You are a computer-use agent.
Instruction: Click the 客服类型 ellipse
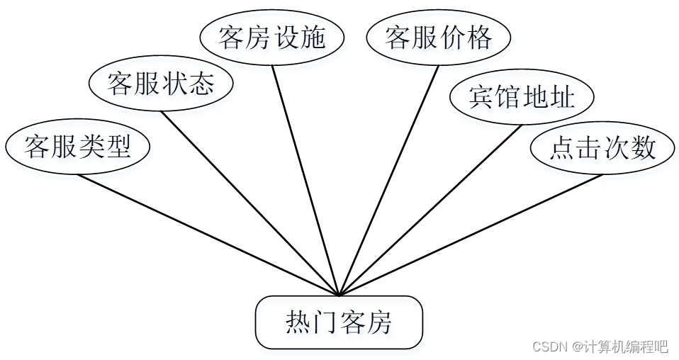(x=77, y=147)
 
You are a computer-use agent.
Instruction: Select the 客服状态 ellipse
(x=161, y=84)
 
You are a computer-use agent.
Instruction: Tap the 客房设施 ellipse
(x=272, y=38)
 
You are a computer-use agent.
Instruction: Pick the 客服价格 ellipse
(x=439, y=38)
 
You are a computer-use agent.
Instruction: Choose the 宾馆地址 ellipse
(x=522, y=98)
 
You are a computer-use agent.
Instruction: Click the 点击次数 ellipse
(x=603, y=147)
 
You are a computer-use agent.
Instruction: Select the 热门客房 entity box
(x=339, y=322)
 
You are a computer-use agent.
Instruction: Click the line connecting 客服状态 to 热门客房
(x=250, y=203)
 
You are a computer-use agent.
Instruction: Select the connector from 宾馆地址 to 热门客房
(x=431, y=210)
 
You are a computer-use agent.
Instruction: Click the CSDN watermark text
(x=600, y=347)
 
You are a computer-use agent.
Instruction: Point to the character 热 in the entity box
(x=298, y=323)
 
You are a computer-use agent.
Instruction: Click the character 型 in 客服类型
(x=118, y=147)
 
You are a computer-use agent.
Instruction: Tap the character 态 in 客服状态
(x=201, y=84)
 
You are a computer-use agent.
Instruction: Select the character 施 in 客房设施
(x=313, y=38)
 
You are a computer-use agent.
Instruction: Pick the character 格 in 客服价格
(x=479, y=38)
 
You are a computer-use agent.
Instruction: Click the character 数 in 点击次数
(x=644, y=147)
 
